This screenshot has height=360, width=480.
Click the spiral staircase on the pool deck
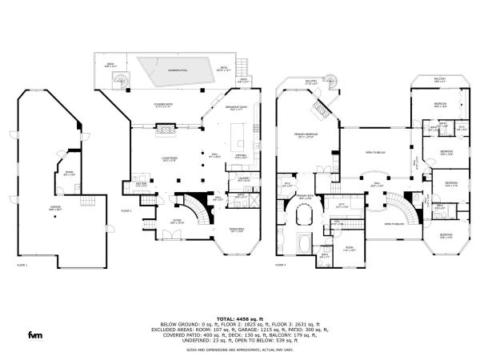(x=120, y=78)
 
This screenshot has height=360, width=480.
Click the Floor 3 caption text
(x=281, y=265)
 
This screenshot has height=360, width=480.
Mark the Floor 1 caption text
(x=22, y=265)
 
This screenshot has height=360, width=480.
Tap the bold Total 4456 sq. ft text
(x=239, y=318)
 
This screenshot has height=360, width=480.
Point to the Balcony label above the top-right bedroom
(x=438, y=79)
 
